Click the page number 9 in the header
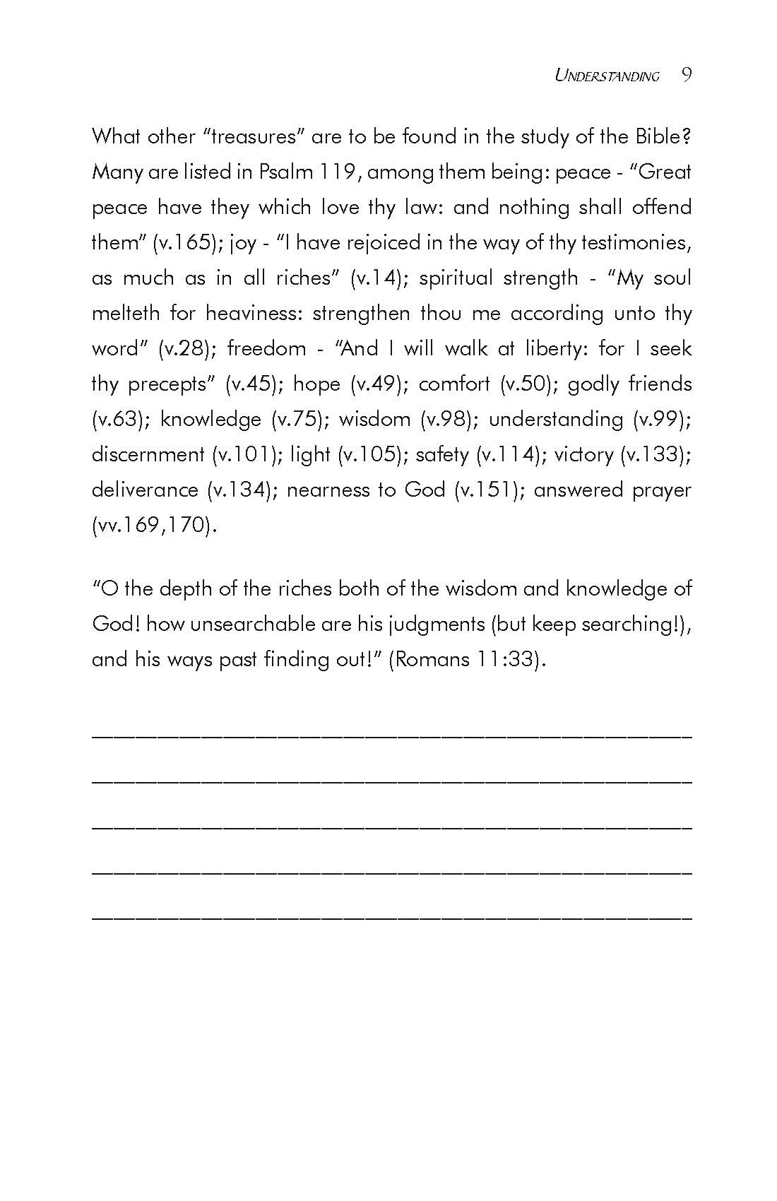click(687, 75)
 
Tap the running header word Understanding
click(607, 76)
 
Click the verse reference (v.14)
click(379, 278)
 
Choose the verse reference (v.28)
click(184, 348)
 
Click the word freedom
click(266, 348)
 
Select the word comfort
click(453, 384)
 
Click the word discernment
click(148, 454)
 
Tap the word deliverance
click(145, 490)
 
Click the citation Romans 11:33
click(468, 659)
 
